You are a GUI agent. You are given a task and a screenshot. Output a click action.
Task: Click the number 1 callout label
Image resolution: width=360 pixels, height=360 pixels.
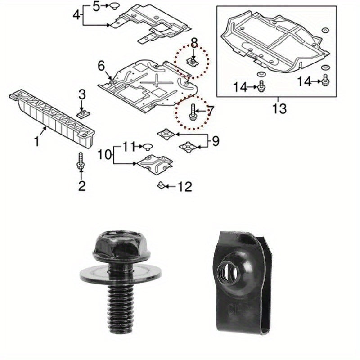coord(37,142)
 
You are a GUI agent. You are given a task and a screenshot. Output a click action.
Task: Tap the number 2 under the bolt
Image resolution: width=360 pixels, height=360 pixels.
coord(81,185)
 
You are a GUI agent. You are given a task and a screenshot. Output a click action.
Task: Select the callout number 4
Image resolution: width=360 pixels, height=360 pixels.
coord(77,15)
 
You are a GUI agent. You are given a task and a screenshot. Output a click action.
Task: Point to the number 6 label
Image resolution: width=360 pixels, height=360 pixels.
coord(101,66)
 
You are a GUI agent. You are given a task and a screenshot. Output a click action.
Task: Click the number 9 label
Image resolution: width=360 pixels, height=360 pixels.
coord(215,142)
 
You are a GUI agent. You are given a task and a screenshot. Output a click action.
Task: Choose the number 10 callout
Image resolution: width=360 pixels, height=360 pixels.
coord(105,155)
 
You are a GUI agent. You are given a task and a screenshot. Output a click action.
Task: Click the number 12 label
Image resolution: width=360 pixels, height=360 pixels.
coord(185,185)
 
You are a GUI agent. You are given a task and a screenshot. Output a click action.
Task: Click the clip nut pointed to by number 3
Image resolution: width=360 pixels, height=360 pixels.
coord(83,112)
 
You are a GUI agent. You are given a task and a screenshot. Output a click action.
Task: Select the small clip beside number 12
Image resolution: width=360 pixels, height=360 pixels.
coord(161,185)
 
